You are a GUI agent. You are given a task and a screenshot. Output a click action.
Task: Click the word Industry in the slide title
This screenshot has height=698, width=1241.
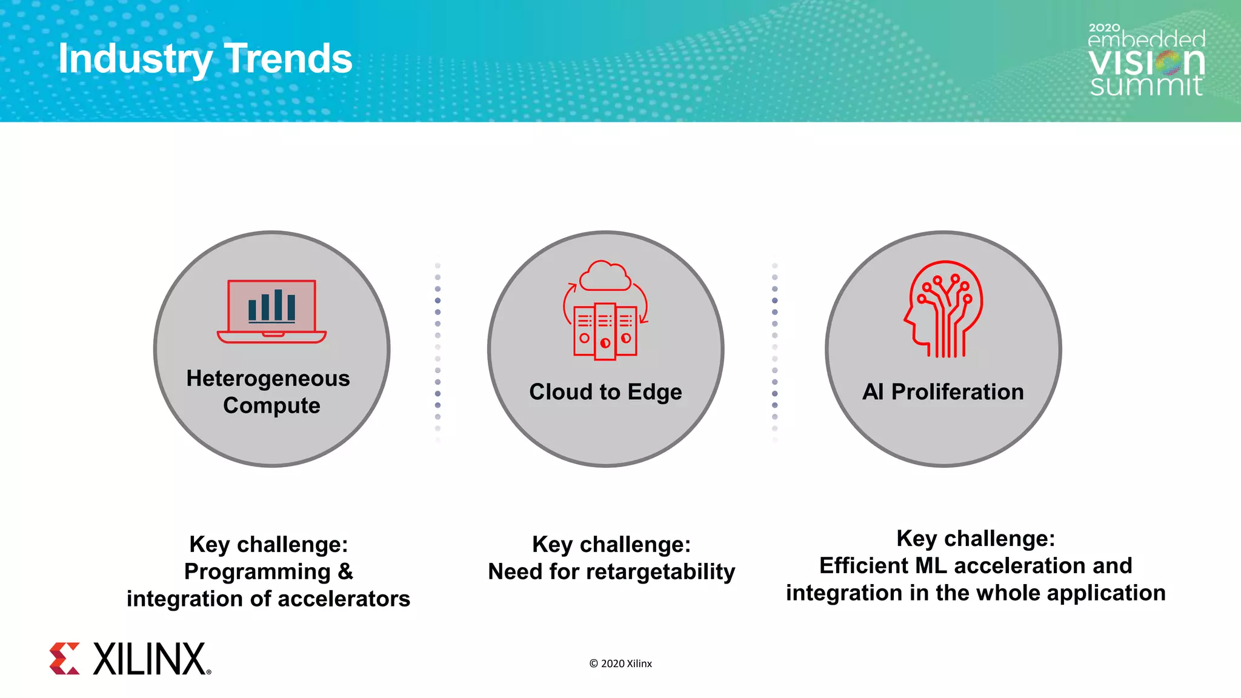tap(135, 59)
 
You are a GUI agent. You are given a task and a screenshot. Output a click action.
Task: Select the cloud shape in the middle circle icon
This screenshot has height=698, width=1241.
tap(605, 277)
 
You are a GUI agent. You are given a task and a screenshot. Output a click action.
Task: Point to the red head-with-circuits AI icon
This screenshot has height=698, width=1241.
tap(943, 309)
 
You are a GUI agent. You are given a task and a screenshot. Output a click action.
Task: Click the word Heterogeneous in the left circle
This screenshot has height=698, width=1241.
tap(268, 379)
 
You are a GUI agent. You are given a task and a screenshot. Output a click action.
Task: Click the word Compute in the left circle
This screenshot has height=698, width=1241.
tap(271, 405)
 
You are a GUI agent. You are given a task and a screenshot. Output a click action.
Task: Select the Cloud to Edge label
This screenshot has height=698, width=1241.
tap(605, 392)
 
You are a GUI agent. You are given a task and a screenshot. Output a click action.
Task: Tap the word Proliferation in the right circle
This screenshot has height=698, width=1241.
tap(957, 392)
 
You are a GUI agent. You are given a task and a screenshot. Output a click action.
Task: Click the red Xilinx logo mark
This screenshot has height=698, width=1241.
tap(65, 659)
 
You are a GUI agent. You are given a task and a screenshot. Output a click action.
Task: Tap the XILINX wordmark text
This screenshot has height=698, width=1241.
tap(150, 659)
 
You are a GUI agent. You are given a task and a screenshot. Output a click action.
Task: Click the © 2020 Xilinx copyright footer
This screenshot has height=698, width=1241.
tap(620, 663)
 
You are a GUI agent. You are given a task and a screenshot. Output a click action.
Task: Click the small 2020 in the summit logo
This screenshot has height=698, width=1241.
tap(1104, 28)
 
